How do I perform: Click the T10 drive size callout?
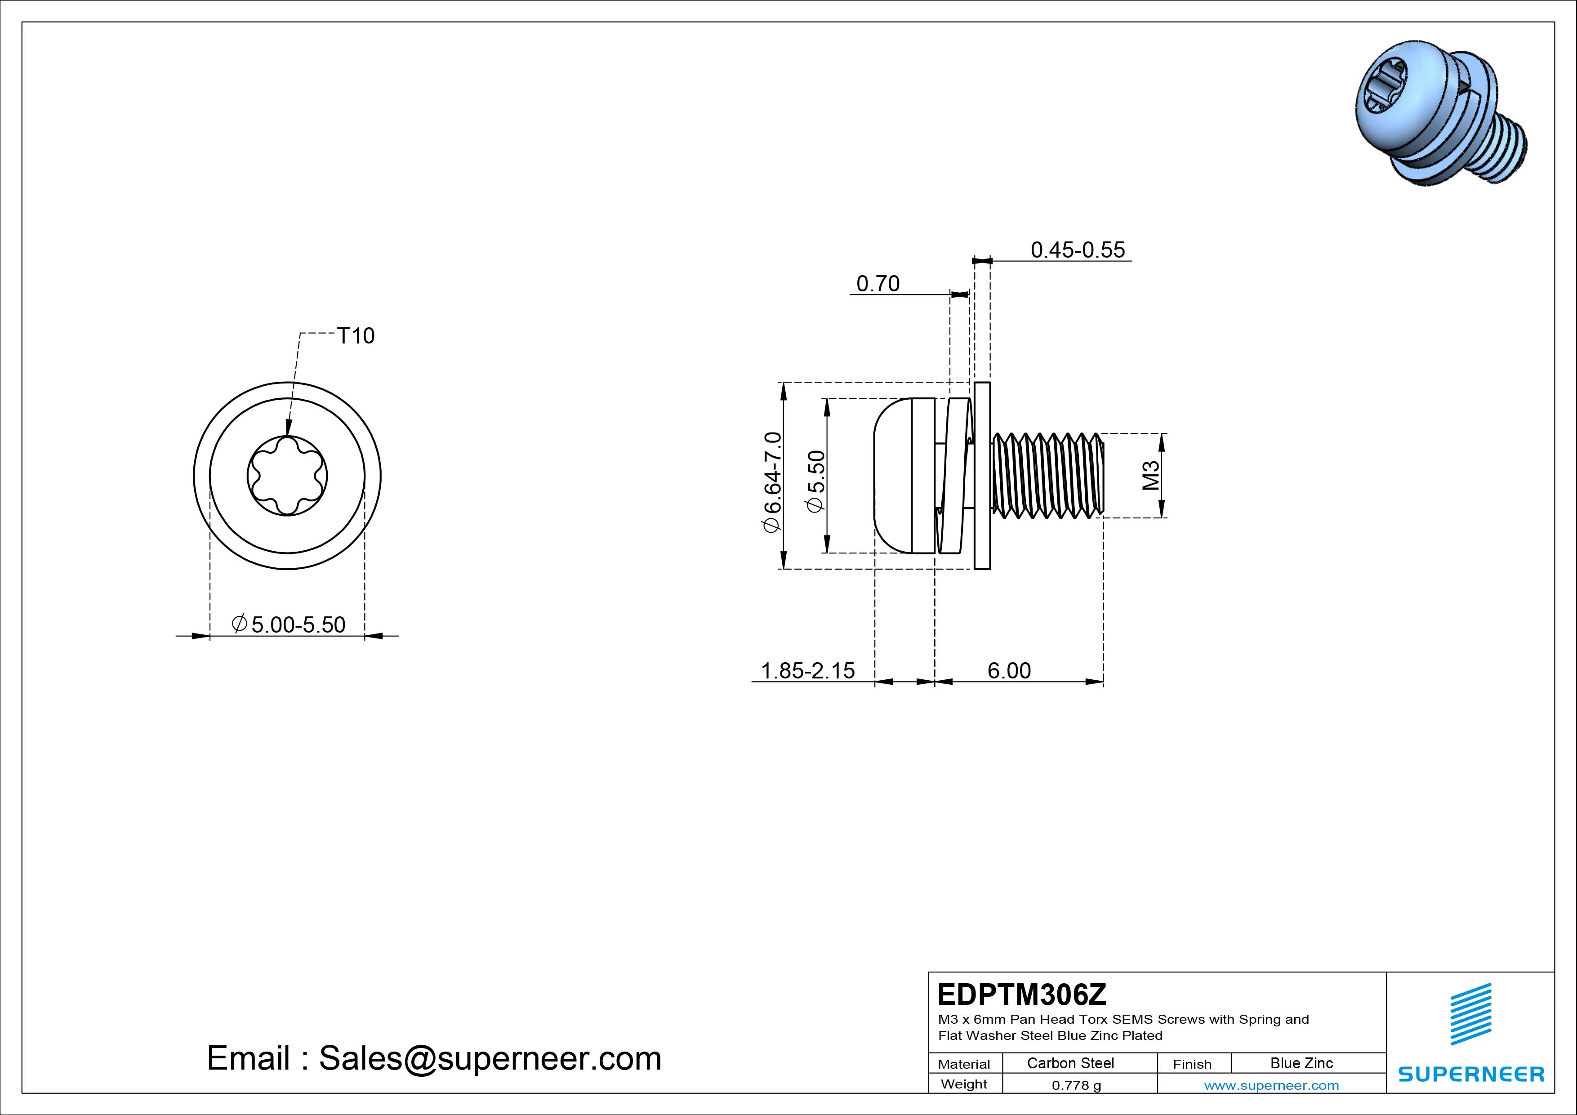356,336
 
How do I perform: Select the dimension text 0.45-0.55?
1078,250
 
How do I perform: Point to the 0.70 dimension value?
878,284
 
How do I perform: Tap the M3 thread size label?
1151,475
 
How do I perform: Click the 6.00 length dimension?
1009,670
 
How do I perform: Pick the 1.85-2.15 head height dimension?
808,670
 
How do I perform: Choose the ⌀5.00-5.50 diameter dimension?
289,624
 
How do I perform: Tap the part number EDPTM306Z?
1022,994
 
